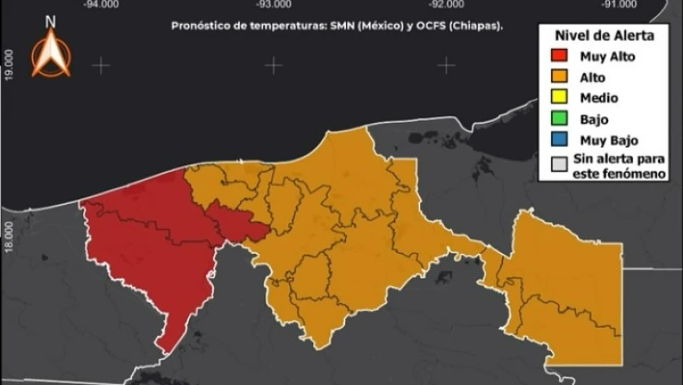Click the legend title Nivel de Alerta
click(605, 35)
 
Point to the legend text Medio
click(600, 98)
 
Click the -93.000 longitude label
click(273, 5)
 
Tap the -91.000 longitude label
click(617, 5)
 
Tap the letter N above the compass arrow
click(50, 20)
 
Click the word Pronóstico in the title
click(201, 27)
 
